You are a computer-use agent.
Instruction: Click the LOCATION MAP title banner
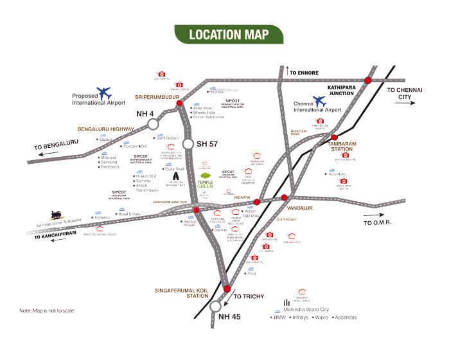(228, 34)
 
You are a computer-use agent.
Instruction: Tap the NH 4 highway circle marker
(153, 123)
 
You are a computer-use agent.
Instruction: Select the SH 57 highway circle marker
(189, 143)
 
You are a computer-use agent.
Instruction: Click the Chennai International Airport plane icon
(319, 102)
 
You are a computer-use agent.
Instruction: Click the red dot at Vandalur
(285, 198)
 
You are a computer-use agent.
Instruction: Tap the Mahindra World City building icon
(286, 303)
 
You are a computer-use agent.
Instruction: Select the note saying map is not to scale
(46, 310)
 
